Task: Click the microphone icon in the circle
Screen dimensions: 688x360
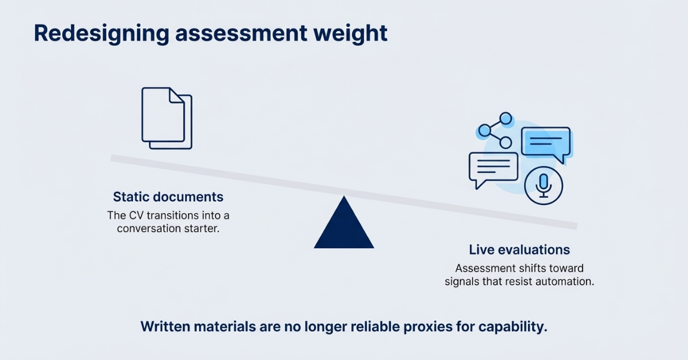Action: (544, 185)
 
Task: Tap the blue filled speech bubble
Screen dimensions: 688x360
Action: (545, 143)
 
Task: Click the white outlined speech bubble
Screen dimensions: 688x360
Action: (492, 169)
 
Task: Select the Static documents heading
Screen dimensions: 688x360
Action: (168, 197)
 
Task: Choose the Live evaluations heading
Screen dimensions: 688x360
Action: (519, 250)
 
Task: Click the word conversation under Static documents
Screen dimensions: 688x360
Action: (147, 229)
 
